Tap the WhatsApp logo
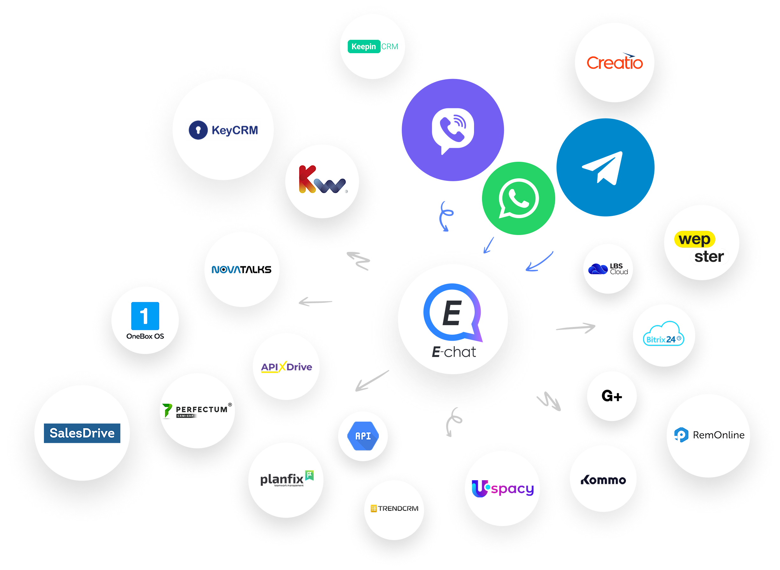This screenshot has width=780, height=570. [x=518, y=198]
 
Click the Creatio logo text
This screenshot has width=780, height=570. [x=614, y=63]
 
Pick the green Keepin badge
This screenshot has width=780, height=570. [x=364, y=46]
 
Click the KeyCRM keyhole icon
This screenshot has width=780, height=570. [x=198, y=130]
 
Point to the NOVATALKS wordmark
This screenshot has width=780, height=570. [x=242, y=269]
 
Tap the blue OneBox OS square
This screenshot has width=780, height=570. [x=145, y=316]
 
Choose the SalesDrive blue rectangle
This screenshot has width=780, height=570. [x=82, y=433]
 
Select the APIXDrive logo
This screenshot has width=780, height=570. [x=286, y=367]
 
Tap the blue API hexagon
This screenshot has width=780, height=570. [x=363, y=436]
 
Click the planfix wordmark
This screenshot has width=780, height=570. [x=282, y=479]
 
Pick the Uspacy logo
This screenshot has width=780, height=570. [x=502, y=488]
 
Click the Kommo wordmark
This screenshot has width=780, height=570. [x=603, y=480]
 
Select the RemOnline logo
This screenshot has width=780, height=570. [x=709, y=435]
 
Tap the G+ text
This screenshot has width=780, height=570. [x=612, y=396]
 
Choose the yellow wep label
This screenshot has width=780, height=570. [x=694, y=239]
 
